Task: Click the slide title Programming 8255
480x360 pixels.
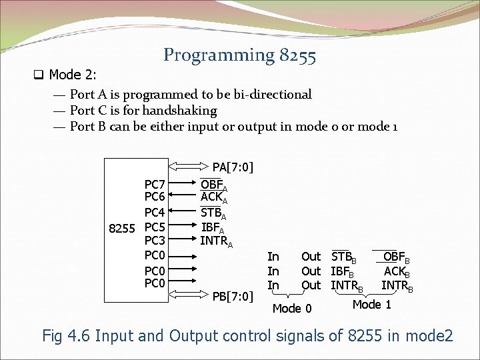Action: coord(239,55)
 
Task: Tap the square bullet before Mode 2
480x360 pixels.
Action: coord(41,74)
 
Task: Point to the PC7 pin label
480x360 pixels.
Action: coord(155,184)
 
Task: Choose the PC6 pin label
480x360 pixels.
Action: coord(155,197)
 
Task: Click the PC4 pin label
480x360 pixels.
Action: coord(155,213)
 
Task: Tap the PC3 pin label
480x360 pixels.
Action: coord(155,241)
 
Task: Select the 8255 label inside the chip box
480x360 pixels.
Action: coord(123,227)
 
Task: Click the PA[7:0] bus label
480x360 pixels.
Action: coord(233,166)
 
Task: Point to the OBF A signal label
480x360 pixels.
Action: coord(214,185)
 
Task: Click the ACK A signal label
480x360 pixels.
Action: coord(214,198)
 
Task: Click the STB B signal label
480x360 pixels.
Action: coord(344,257)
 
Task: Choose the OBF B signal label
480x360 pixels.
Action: coord(397,257)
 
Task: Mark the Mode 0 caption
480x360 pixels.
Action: coord(292,308)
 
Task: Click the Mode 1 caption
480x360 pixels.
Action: coord(371,305)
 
